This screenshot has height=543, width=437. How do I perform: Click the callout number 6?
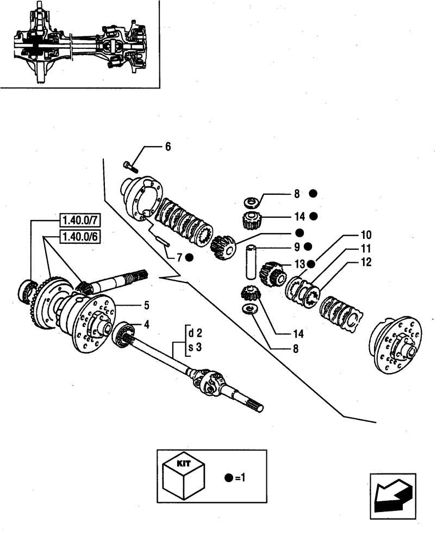tap(168, 147)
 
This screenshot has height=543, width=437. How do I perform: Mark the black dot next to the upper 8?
tap(313, 193)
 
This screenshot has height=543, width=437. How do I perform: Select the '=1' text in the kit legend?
tap(241, 478)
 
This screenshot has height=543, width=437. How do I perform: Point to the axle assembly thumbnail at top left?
tap(79, 43)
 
